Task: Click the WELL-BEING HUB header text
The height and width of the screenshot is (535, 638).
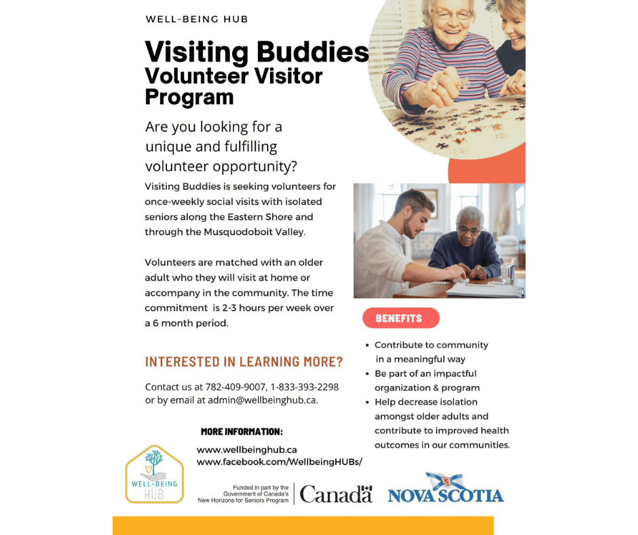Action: [x=197, y=19]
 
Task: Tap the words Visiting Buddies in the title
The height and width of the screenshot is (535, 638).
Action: [x=257, y=52]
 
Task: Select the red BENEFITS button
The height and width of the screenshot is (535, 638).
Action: [x=400, y=318]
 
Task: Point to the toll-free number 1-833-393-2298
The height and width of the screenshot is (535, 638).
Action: [x=304, y=387]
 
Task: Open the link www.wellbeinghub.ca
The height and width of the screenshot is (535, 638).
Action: [x=247, y=449]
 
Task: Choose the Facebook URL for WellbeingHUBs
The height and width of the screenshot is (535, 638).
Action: [x=280, y=462]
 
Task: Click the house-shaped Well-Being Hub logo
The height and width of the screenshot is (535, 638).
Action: [x=154, y=474]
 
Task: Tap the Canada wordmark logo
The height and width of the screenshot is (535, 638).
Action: [x=336, y=494]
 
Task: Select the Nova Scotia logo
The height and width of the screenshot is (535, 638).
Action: [x=446, y=490]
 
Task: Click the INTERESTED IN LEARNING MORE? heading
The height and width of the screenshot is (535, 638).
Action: [x=244, y=362]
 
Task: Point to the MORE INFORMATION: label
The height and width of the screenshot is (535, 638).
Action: [x=242, y=432]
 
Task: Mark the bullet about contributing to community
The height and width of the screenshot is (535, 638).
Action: [x=430, y=352]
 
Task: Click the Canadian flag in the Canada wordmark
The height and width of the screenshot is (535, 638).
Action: [x=367, y=489]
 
